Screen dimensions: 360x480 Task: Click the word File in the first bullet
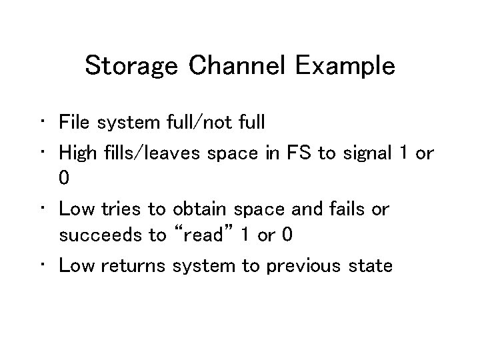point(74,122)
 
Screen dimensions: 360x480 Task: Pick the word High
point(79,152)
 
